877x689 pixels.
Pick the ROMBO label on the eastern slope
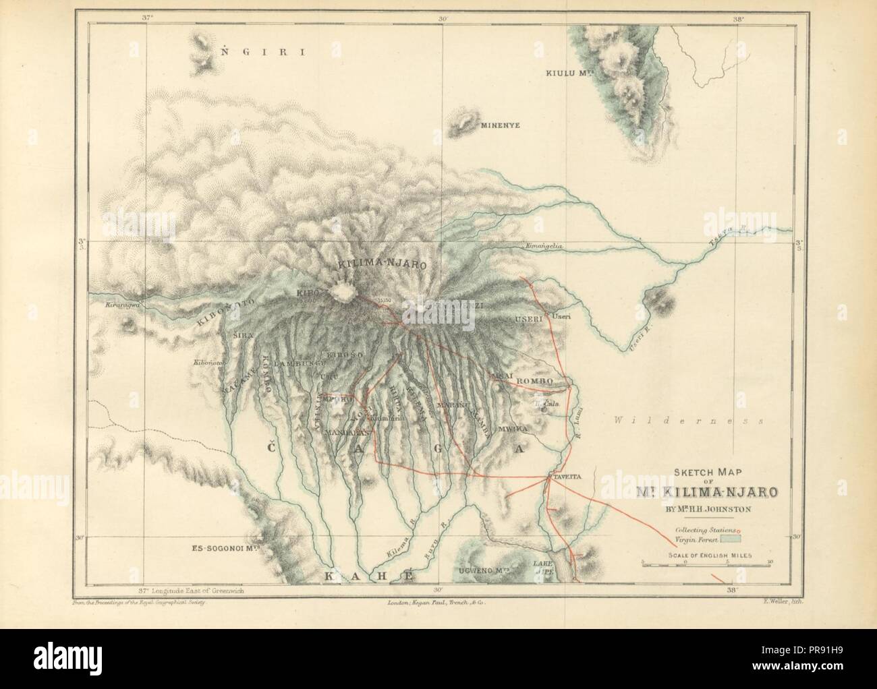click(534, 381)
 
